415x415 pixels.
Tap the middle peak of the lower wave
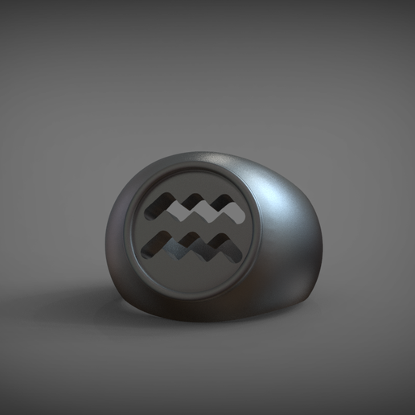pos(191,236)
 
